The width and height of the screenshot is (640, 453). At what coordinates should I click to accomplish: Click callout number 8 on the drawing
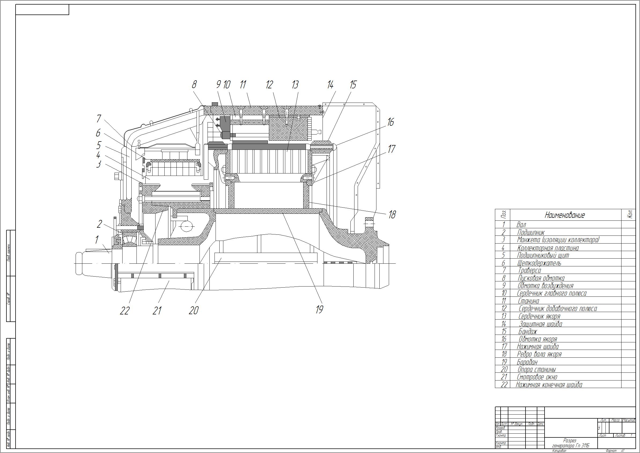[194, 84]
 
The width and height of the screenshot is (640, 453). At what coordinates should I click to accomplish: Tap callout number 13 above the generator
[295, 85]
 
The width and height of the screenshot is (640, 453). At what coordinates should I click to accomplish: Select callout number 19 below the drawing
[319, 309]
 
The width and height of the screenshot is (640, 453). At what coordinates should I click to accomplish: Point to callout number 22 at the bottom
[125, 311]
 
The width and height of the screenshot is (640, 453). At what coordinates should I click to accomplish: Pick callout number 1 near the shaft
[97, 240]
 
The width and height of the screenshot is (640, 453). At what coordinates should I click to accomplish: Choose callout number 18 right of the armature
[392, 215]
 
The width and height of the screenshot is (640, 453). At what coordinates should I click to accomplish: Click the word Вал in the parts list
[521, 225]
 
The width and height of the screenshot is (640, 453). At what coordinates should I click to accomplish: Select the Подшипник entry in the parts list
[530, 232]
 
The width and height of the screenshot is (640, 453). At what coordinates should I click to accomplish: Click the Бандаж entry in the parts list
[527, 331]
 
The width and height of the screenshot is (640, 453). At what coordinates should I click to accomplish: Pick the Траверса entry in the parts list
[529, 270]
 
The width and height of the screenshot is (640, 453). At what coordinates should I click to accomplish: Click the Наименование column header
[565, 215]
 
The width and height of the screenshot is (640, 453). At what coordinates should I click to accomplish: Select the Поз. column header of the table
[503, 215]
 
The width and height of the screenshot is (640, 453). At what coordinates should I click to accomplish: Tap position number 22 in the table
[504, 385]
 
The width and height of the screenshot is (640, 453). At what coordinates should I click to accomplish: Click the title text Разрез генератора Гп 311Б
[571, 443]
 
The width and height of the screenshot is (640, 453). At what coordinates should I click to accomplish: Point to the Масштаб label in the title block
[628, 420]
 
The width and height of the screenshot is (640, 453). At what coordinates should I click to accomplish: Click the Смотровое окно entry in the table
[537, 377]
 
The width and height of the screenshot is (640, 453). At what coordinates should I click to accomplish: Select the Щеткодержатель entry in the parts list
[539, 263]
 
